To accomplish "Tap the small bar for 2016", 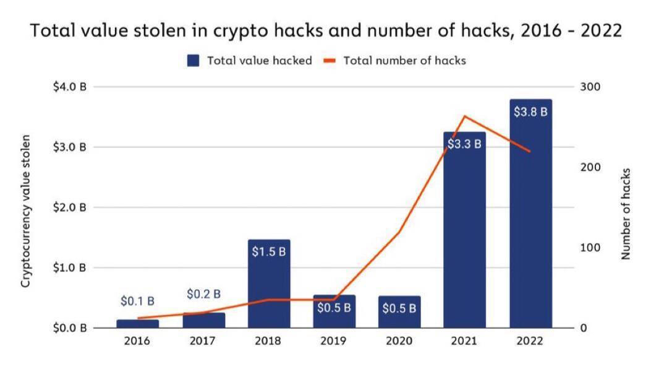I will pyautogui.click(x=138, y=323).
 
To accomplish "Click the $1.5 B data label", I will pyautogui.click(x=269, y=252).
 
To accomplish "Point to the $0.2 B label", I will pyautogui.click(x=203, y=294).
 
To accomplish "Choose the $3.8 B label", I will pyautogui.click(x=530, y=112).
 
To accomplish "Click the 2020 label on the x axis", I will pyautogui.click(x=399, y=341).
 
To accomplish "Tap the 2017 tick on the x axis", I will pyautogui.click(x=203, y=341).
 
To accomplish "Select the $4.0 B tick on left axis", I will pyautogui.click(x=69, y=87).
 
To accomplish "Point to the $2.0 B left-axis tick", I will pyautogui.click(x=69, y=207).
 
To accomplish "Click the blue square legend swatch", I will pyautogui.click(x=193, y=61).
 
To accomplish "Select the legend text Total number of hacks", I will pyautogui.click(x=404, y=61).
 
